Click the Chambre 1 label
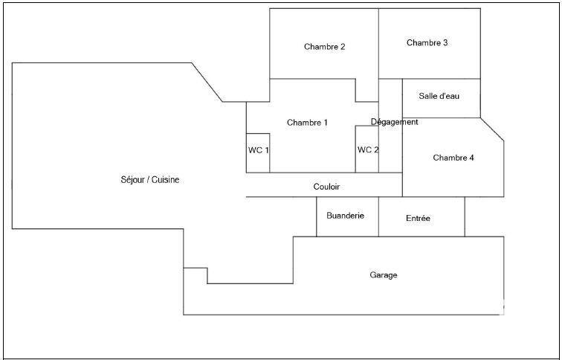307,123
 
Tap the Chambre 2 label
324,47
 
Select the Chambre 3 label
427,43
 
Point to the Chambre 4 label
453,158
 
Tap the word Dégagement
395,122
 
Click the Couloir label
326,187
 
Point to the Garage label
384,275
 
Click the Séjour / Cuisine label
149,180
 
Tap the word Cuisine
166,180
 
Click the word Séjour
132,180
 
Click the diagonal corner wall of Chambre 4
492,129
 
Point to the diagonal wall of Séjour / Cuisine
207,83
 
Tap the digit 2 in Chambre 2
343,47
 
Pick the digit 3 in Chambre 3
445,43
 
